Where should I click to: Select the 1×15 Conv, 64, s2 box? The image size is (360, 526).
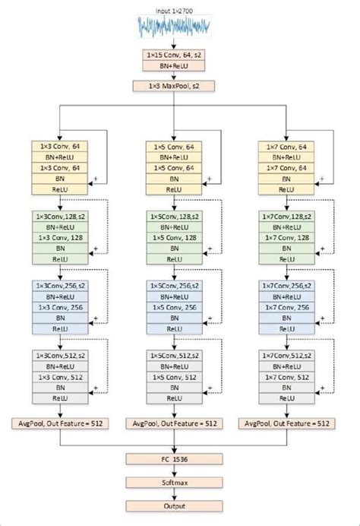click(x=175, y=55)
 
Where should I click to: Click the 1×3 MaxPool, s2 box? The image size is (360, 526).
click(x=175, y=86)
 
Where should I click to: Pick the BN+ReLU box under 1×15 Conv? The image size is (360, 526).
click(x=175, y=67)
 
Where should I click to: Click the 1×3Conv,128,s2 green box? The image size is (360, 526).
click(x=62, y=217)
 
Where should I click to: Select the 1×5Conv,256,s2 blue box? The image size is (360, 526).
click(x=175, y=286)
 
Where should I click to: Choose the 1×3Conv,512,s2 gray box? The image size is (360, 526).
click(x=62, y=355)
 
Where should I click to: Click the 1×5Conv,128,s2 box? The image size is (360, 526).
click(x=175, y=217)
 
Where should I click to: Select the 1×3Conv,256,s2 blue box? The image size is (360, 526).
click(x=62, y=286)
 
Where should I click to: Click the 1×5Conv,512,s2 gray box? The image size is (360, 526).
click(x=175, y=355)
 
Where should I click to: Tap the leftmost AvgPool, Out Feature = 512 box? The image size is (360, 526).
click(x=62, y=422)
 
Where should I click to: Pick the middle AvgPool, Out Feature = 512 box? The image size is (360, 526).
click(x=175, y=422)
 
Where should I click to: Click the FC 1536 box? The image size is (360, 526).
click(x=175, y=458)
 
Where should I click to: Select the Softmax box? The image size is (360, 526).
click(x=175, y=482)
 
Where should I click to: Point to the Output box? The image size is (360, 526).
click(x=175, y=505)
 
